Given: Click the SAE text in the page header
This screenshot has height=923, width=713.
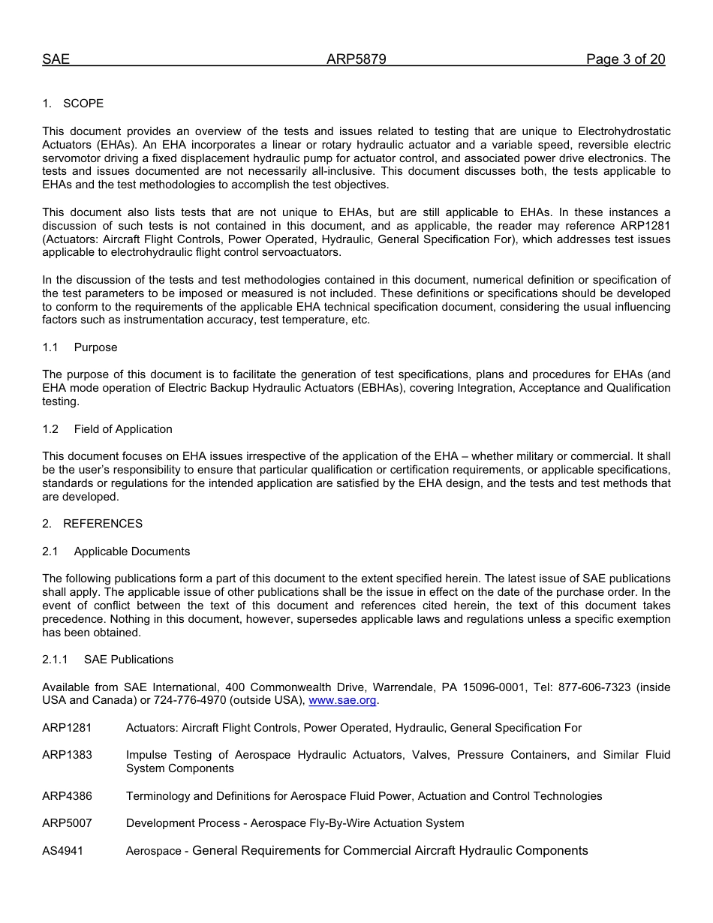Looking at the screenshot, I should [x=56, y=60].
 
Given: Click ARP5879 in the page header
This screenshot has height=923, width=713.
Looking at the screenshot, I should [x=356, y=60].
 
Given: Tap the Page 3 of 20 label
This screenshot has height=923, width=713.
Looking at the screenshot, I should [x=625, y=60].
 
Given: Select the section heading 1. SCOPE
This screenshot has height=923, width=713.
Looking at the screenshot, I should [x=73, y=104].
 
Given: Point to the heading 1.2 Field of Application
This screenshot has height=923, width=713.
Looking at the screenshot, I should [x=107, y=429].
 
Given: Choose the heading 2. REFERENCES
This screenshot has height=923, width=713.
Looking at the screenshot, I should [x=92, y=524].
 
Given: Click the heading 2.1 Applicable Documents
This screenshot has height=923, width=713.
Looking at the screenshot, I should [x=116, y=552].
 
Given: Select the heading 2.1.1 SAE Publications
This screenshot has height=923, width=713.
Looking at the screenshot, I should [x=107, y=660].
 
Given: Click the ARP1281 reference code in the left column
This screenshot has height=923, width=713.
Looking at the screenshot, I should [x=67, y=728].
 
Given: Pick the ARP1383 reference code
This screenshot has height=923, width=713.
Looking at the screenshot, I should [x=67, y=755].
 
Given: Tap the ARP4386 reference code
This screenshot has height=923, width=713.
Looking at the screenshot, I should [x=67, y=796].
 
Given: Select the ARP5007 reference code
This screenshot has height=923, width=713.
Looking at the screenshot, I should [x=67, y=823].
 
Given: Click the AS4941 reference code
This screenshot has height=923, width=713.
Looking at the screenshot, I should [x=62, y=851].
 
